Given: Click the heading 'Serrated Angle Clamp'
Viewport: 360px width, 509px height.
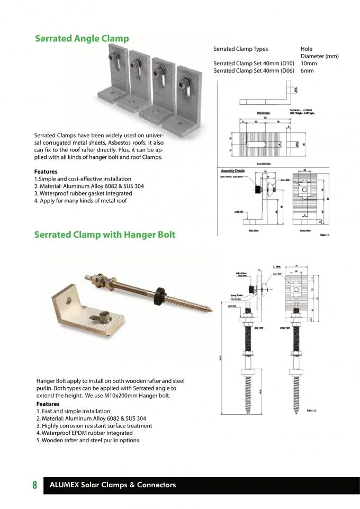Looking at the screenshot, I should click(82, 39).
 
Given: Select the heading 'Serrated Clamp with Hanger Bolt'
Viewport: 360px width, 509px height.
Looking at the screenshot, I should click(104, 234).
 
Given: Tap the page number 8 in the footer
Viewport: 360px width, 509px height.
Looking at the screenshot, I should click(34, 485).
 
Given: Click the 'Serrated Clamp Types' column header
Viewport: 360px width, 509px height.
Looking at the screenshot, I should click(240, 49).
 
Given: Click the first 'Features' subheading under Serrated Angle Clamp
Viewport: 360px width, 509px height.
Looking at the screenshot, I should click(46, 172).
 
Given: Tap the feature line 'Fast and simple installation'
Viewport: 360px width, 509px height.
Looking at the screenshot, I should click(73, 411).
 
